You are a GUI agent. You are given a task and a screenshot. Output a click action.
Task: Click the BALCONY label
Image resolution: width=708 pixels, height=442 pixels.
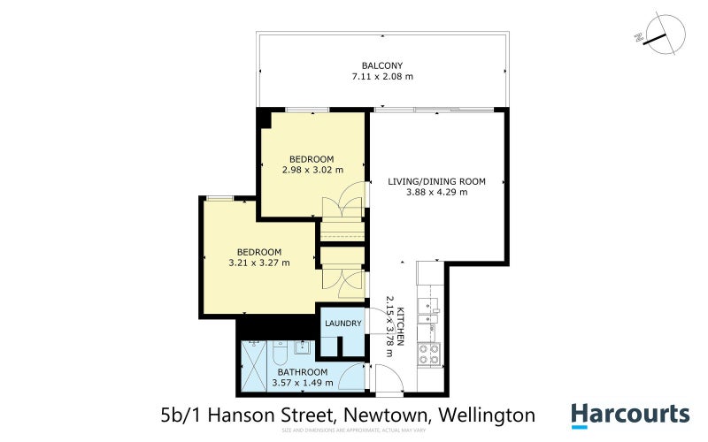(382, 65)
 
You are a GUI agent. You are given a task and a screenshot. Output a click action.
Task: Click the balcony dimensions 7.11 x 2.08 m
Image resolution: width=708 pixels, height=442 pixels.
(382, 77)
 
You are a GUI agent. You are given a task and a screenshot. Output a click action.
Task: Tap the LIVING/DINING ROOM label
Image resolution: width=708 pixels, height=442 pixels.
(437, 181)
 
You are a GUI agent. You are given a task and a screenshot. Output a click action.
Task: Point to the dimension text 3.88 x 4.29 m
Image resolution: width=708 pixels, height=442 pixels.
(437, 192)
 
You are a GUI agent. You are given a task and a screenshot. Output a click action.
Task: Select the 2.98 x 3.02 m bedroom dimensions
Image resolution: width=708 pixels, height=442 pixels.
(312, 170)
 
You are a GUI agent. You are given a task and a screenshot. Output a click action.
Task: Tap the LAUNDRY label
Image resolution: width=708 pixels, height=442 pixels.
(343, 324)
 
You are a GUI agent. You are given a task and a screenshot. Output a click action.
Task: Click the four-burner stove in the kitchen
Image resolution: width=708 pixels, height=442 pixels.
(428, 353)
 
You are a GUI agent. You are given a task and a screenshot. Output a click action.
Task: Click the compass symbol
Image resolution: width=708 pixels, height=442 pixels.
(660, 36)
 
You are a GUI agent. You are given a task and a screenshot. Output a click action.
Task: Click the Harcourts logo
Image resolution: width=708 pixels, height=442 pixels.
(629, 415)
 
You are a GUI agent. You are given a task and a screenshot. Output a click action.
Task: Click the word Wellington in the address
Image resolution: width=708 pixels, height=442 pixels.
(491, 415)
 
